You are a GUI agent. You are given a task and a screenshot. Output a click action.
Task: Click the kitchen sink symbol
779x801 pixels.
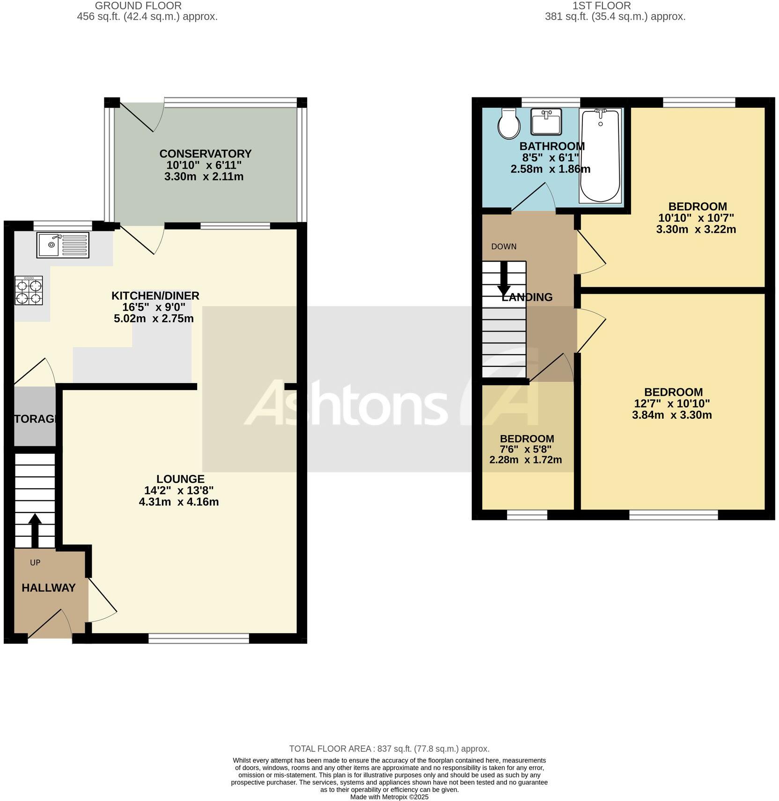(63, 245)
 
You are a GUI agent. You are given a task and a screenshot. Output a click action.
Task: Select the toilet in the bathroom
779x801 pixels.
(509, 124)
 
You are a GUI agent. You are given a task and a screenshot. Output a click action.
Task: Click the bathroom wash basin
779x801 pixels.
(546, 121)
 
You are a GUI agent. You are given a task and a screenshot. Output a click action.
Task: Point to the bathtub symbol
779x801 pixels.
(600, 156)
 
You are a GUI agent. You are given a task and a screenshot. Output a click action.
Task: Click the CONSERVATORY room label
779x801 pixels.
(205, 154)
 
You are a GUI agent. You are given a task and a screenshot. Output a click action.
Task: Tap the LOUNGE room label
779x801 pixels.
(180, 479)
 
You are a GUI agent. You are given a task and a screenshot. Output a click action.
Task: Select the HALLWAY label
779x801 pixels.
(49, 587)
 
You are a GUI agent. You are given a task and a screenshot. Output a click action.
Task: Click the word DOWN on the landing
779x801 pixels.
(504, 246)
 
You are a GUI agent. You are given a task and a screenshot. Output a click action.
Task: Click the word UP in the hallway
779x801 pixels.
(35, 563)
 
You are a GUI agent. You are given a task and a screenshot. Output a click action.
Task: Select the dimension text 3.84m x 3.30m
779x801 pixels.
(672, 415)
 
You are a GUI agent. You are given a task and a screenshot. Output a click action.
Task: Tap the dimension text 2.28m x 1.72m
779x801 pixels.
(525, 460)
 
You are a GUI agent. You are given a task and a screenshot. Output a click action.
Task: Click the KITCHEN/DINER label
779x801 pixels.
(155, 296)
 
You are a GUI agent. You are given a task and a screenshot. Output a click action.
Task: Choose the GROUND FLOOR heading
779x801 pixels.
(138, 6)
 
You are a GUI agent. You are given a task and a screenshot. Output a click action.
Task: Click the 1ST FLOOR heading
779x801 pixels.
(602, 6)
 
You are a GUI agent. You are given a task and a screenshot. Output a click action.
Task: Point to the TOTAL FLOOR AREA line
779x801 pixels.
(389, 749)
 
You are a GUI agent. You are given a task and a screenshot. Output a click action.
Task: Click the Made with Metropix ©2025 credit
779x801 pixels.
(389, 796)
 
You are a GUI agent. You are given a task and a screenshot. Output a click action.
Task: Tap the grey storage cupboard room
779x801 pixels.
(35, 417)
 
